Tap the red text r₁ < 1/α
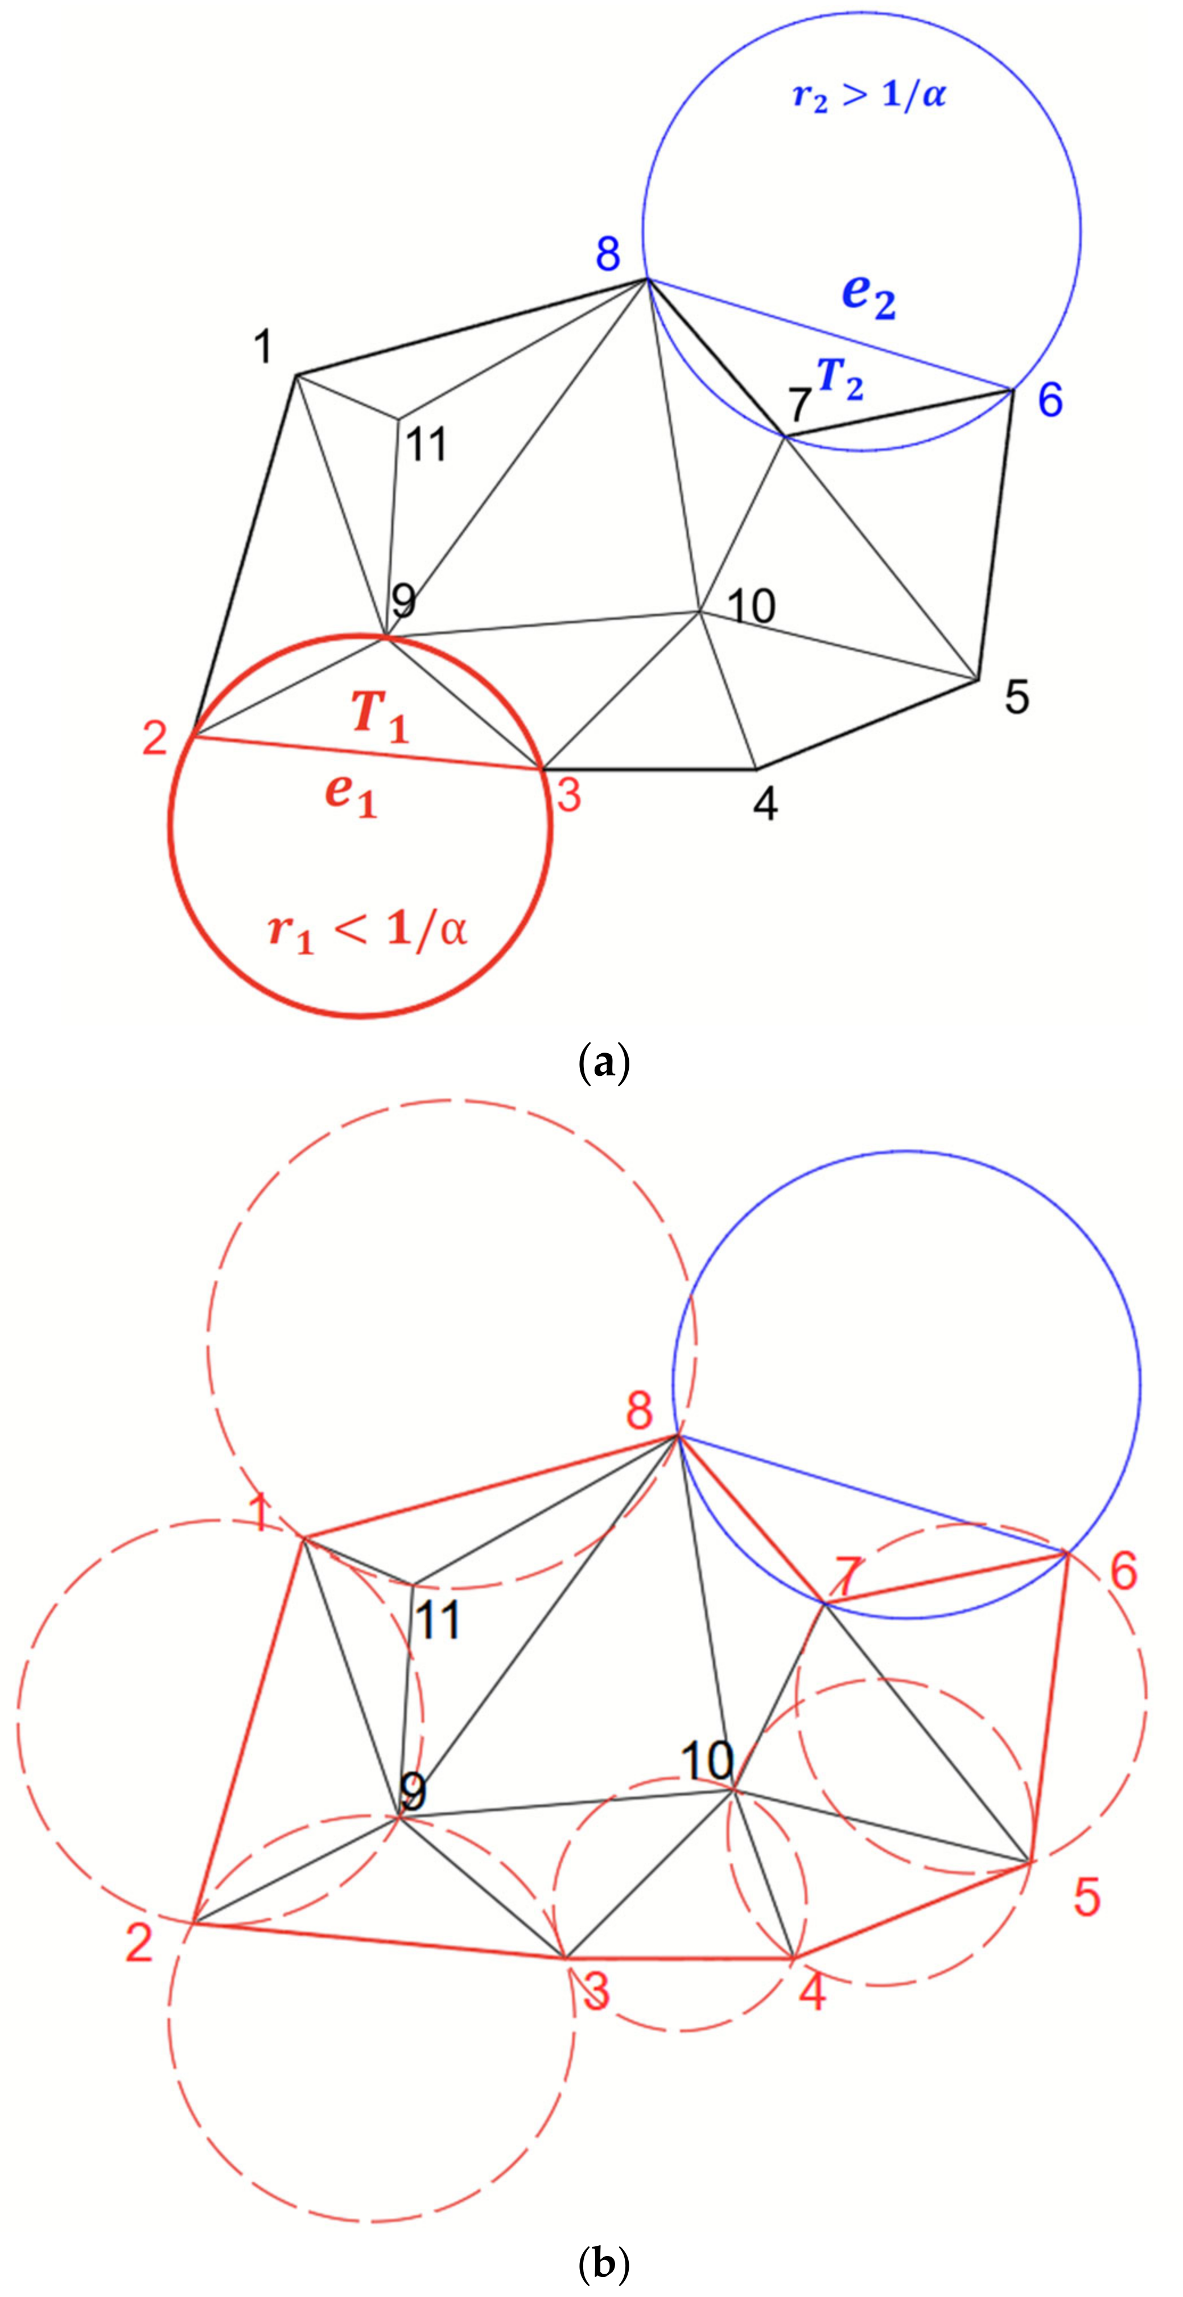click(367, 932)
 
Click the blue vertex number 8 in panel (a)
click(608, 253)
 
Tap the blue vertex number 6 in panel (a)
click(1050, 400)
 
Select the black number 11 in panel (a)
click(426, 444)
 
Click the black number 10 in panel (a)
click(752, 606)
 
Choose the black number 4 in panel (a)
click(765, 805)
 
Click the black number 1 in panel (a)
click(262, 346)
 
